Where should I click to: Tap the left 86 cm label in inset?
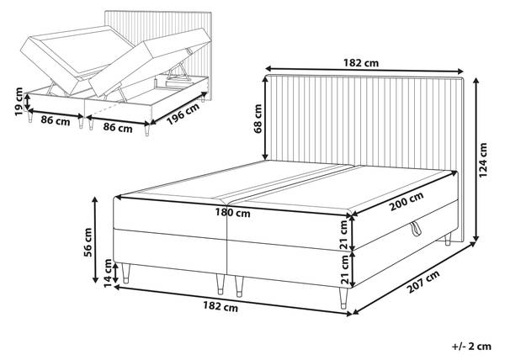coord(56,122)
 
